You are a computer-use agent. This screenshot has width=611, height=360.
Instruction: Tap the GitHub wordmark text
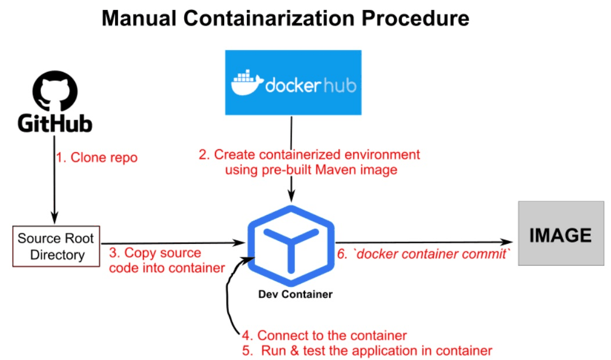[55, 125]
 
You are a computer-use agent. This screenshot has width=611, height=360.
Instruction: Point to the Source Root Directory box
[56, 246]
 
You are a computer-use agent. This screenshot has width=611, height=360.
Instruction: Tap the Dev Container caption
[295, 294]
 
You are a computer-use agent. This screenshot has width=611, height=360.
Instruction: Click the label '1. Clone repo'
[97, 157]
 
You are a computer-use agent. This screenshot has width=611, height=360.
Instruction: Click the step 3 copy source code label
[163, 260]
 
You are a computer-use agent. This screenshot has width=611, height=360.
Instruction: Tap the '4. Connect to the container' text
[324, 336]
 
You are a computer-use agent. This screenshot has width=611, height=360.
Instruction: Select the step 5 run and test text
[367, 351]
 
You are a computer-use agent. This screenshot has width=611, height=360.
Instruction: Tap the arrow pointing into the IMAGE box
[424, 241]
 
